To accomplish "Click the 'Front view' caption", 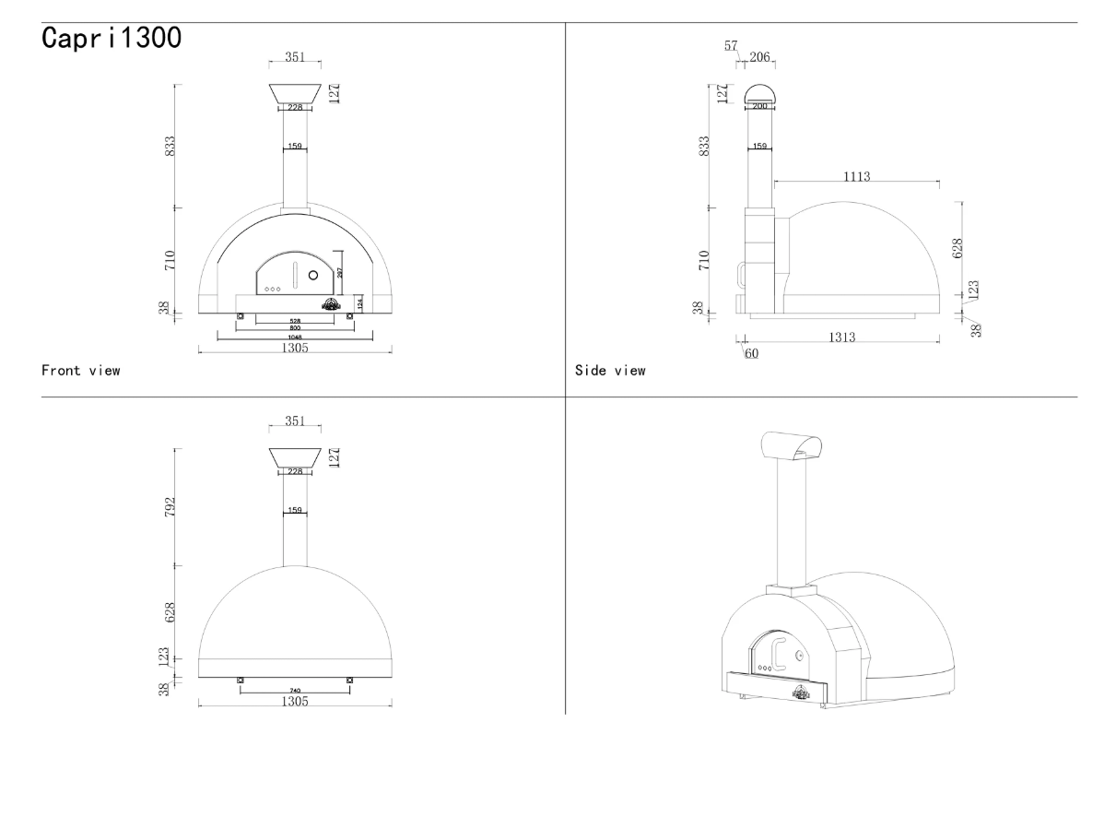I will tap(80, 371).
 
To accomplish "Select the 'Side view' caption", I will tap(610, 371).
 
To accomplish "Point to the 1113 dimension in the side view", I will tap(856, 175).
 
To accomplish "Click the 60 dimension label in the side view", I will tap(751, 353).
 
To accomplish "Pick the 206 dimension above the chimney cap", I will tap(760, 57).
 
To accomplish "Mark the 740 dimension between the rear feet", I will tap(295, 690).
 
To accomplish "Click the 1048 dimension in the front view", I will tap(295, 337).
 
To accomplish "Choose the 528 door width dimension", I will tap(295, 321).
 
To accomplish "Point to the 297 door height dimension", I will tap(339, 272).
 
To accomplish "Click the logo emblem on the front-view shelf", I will tap(331, 304).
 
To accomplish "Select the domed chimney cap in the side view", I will tap(760, 92).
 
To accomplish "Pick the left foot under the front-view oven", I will tap(241, 316).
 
